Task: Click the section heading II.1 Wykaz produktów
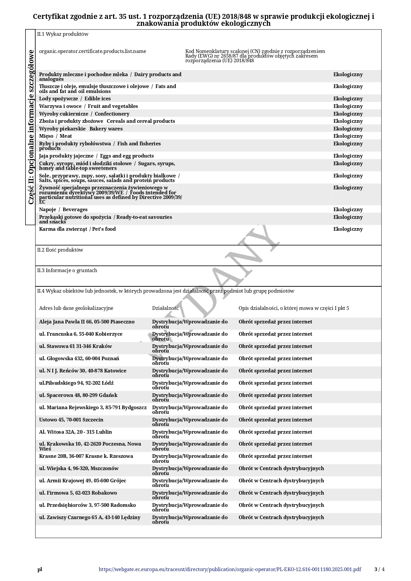(x=63, y=34)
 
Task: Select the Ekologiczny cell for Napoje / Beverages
(x=348, y=210)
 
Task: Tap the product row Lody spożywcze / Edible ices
(x=75, y=99)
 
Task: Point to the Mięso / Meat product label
(x=55, y=136)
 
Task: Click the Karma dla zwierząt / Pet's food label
(x=78, y=229)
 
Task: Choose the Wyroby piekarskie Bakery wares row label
(x=81, y=129)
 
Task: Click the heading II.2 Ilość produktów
(x=60, y=250)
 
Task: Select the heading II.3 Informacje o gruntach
(x=67, y=270)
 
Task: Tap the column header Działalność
(x=165, y=308)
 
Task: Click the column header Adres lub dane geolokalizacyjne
(x=76, y=308)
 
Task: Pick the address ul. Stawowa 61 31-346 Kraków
(x=76, y=346)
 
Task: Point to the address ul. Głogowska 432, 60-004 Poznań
(x=79, y=359)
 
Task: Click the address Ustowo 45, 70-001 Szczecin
(x=71, y=420)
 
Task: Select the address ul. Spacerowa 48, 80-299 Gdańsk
(x=78, y=395)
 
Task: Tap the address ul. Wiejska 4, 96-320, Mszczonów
(x=79, y=468)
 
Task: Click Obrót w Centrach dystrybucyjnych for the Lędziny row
(x=281, y=517)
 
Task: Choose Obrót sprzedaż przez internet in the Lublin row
(x=275, y=432)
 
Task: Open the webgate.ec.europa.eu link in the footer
(x=230, y=569)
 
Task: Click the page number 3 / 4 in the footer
(x=379, y=569)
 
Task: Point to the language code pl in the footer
(x=40, y=569)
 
